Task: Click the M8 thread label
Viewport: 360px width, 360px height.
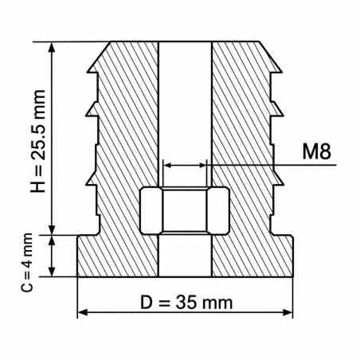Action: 317,152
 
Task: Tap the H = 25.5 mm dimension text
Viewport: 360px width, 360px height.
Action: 38,141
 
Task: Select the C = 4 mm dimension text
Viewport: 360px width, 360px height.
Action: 27,263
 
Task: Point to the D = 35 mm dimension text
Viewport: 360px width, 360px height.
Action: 186,303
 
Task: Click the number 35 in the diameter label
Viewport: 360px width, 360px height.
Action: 186,303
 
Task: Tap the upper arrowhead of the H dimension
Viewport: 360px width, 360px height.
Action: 52,47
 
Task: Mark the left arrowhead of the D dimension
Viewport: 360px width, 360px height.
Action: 83,312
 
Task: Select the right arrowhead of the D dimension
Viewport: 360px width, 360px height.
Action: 288,312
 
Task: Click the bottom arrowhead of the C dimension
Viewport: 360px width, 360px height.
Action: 52,272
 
